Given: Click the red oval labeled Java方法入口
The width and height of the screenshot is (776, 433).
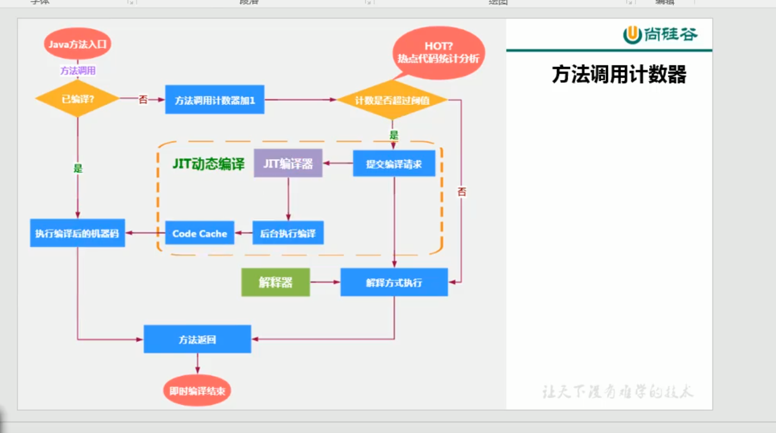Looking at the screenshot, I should click(77, 44).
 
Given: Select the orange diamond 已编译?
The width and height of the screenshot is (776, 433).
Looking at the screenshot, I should click(77, 100).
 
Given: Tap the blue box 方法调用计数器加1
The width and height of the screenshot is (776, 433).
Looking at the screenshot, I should click(214, 100).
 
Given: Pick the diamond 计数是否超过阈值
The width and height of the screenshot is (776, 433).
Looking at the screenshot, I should click(392, 101).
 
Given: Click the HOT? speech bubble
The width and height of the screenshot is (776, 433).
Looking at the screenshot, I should click(438, 52).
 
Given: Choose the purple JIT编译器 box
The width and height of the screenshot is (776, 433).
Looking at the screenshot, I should click(288, 163).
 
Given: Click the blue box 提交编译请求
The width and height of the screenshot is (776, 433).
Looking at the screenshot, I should click(394, 164).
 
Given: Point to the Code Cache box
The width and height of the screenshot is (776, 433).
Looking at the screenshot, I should click(199, 233).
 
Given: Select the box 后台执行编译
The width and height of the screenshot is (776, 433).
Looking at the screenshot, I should click(288, 233).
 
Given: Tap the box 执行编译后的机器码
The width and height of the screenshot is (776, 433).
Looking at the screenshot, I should click(77, 233).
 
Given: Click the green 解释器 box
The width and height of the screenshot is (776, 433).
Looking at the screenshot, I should click(276, 282).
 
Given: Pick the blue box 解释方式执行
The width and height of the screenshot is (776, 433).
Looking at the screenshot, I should click(394, 282).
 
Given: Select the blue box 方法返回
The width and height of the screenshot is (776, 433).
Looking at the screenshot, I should click(197, 339).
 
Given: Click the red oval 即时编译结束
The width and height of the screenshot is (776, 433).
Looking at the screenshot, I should click(197, 390).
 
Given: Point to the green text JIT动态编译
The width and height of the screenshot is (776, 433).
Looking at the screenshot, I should click(208, 164).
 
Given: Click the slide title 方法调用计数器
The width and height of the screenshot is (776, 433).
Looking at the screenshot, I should click(619, 75).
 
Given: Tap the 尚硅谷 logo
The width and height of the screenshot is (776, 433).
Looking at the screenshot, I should click(660, 35).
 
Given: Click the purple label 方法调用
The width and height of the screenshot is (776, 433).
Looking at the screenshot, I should click(77, 71).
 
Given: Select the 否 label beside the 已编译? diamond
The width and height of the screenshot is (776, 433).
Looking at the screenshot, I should click(143, 100).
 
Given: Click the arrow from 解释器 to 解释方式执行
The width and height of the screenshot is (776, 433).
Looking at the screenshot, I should click(325, 282).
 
